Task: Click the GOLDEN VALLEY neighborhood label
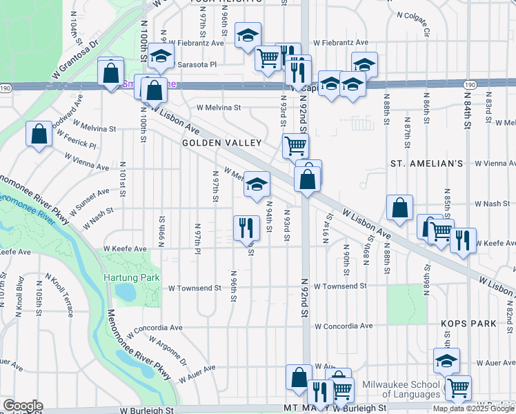click(x=221, y=143)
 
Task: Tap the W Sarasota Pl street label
click(x=196, y=64)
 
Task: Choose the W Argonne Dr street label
click(x=163, y=352)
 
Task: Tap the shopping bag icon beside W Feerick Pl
click(x=39, y=133)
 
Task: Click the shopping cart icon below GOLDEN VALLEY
click(x=295, y=146)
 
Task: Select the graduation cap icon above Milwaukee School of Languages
click(x=446, y=360)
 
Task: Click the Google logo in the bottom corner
click(x=23, y=406)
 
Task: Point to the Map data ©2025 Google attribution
click(x=473, y=408)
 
